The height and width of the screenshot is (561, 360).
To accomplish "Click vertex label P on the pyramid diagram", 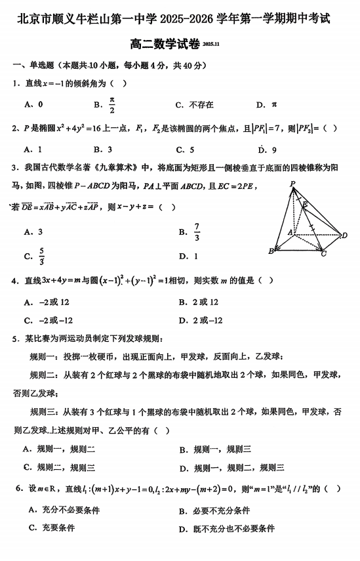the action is click(x=292, y=184).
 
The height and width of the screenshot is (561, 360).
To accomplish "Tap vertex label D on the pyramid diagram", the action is click(x=344, y=235).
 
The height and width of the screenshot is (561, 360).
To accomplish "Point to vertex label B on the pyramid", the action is click(x=270, y=251).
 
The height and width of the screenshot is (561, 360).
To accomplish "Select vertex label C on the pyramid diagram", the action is click(x=323, y=254).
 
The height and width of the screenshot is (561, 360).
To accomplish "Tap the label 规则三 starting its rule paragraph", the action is click(x=45, y=412).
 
